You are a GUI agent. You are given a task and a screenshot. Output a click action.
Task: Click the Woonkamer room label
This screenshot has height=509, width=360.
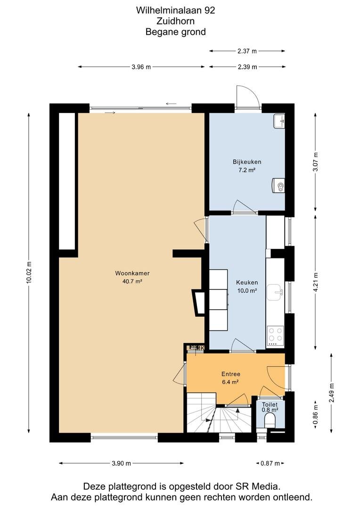pos(132,273)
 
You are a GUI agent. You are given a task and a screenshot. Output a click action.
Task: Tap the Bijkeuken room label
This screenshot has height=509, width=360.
pos(247,162)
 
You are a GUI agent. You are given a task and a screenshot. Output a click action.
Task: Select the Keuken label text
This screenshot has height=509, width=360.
pos(247,282)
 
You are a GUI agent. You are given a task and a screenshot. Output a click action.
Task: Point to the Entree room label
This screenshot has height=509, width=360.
pos(230,374)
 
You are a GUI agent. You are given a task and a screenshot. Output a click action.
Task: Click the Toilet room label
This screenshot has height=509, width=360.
pos(270,404)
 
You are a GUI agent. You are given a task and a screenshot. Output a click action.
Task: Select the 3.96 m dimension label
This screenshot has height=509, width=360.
pos(141,67)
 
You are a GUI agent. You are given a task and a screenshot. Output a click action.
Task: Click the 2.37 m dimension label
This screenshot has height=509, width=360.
pos(247,51)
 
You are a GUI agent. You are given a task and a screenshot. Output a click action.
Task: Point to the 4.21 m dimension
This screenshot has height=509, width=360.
pos(316,282)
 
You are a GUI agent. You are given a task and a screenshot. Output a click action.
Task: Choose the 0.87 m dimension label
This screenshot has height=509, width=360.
pos(270,463)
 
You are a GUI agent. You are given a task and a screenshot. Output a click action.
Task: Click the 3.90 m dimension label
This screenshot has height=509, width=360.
pos(122,463)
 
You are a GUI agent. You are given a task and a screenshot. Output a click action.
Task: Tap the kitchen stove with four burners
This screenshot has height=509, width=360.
pos(275,336)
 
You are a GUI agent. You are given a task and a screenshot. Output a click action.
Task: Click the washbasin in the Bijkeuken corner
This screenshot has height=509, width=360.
pos(279,121)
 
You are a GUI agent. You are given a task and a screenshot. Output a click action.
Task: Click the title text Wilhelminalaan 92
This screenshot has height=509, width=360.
pos(176,10)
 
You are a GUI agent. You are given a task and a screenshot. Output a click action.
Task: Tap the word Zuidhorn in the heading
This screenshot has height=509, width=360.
pos(176,21)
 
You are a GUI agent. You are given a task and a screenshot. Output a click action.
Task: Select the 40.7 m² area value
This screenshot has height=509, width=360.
pos(132,281)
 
